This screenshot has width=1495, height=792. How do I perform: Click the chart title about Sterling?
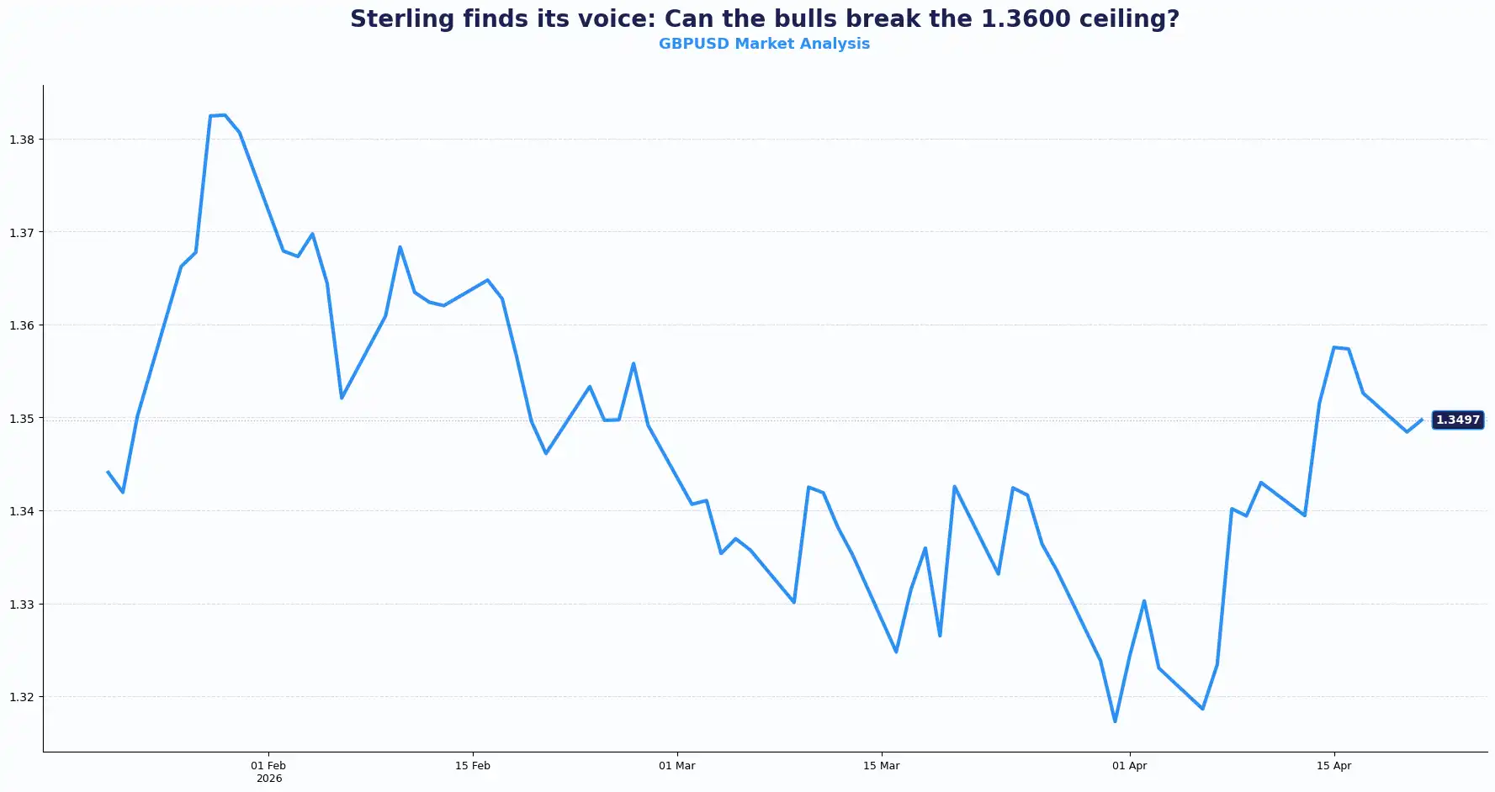point(764,18)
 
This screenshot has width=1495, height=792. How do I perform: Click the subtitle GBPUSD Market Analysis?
point(764,44)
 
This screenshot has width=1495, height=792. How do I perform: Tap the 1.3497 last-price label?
point(1457,420)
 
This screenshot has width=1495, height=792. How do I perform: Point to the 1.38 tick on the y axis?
point(22,140)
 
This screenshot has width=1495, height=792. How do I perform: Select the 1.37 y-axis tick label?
point(22,233)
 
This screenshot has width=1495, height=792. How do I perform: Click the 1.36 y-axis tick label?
point(22,325)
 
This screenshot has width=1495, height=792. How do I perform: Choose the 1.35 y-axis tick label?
point(22,419)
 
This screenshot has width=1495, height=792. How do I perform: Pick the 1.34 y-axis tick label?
point(22,511)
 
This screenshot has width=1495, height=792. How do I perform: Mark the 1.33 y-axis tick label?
point(22,605)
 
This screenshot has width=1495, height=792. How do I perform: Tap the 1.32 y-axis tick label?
point(22,697)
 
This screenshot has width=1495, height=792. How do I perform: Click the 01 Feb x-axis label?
point(268,766)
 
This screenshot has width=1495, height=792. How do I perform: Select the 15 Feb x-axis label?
point(473,766)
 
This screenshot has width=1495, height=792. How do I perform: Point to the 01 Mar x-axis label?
point(677,766)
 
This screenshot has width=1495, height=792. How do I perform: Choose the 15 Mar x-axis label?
point(882,766)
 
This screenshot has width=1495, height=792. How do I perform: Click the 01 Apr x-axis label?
point(1129,766)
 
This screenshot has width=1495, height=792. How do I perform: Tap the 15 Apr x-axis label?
point(1333,766)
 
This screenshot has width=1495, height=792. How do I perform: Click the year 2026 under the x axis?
point(269,779)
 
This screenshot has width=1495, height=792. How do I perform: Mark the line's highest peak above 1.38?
point(224,115)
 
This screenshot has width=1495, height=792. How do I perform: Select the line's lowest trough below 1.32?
point(1115,721)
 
